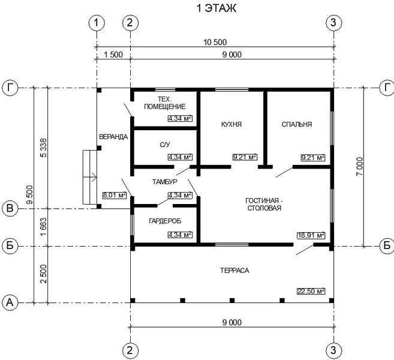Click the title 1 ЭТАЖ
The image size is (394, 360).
216,8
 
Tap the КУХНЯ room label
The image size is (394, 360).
231,124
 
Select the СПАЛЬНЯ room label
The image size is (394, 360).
297,124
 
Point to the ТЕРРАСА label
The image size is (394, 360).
234,271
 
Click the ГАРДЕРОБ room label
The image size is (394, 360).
165,221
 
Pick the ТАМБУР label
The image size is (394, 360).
165,182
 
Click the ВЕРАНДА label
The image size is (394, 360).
113,137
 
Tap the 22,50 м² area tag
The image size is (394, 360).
311,291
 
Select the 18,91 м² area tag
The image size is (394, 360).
311,235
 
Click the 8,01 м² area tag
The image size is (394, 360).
115,195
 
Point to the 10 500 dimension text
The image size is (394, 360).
215,42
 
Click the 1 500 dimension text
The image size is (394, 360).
113,55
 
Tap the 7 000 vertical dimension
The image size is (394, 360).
360,166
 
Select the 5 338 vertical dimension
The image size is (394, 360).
43,148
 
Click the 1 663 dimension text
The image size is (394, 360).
43,227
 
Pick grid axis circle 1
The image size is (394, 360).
97,23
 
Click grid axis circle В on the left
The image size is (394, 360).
10,208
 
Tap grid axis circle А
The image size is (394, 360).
10,302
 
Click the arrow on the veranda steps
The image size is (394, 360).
90,177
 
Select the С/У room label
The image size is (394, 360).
165,145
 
